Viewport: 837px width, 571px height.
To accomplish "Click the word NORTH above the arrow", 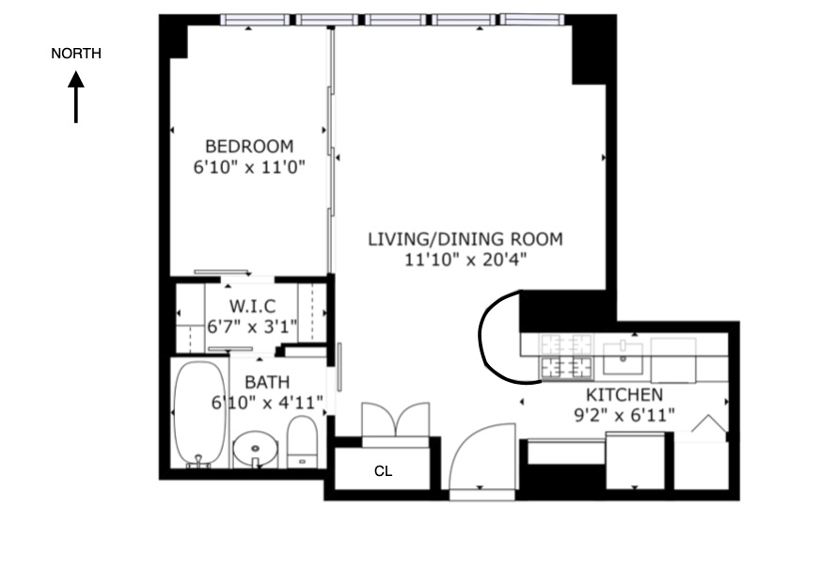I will click(x=76, y=54).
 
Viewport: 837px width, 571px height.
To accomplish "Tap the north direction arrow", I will click(x=76, y=98).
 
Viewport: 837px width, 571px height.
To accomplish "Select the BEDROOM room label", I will click(x=249, y=146).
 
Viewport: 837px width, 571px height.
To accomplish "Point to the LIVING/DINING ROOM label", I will click(x=465, y=239).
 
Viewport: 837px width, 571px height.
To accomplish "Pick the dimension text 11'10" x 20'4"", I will click(x=465, y=260).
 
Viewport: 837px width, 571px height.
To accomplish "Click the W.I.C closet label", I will click(x=251, y=307).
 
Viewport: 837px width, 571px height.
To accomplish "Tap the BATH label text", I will click(x=267, y=382).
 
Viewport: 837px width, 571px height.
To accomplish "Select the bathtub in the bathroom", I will click(x=200, y=413).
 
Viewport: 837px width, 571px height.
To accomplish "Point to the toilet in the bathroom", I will click(x=302, y=442).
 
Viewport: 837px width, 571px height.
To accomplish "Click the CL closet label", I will click(x=383, y=471).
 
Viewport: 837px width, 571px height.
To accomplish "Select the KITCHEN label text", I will click(x=624, y=395).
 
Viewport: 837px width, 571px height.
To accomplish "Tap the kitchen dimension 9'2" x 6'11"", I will click(x=624, y=415).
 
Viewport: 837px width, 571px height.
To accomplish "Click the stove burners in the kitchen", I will click(x=565, y=357).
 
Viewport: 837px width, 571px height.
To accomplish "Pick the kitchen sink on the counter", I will click(x=623, y=356).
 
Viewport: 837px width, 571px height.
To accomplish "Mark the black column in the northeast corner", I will click(x=590, y=52).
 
